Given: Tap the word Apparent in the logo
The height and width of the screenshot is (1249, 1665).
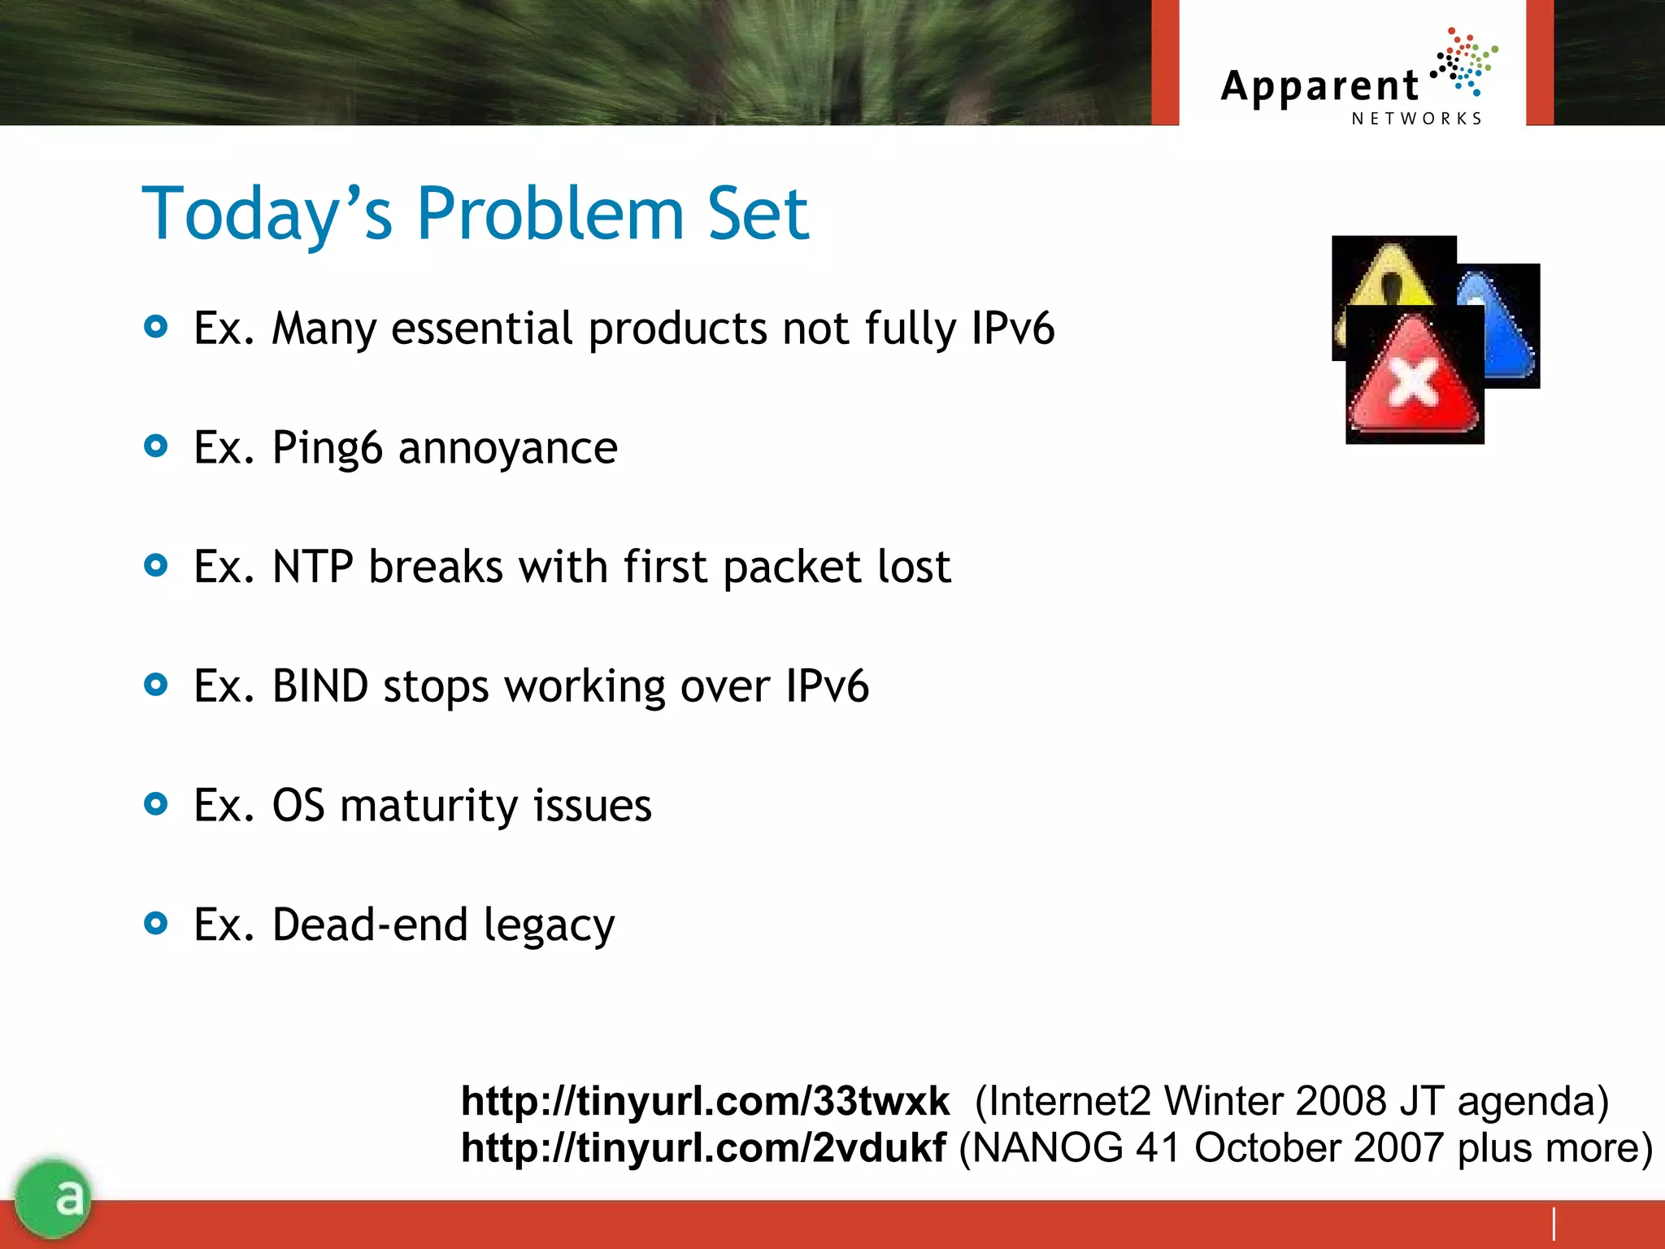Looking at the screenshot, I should coord(1319,86).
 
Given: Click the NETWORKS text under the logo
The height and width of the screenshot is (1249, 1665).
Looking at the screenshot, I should coord(1416,119).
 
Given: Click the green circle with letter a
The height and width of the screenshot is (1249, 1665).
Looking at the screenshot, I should coord(54,1197).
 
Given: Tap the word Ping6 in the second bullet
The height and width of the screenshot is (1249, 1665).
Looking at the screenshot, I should coord(326,448).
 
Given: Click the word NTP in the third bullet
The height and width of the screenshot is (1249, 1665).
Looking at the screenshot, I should coord(312,567).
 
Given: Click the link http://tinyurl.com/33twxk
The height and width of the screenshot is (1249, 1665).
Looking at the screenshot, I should coord(704,1101).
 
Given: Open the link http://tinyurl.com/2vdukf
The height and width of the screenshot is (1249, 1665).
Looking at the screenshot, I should coord(702,1148).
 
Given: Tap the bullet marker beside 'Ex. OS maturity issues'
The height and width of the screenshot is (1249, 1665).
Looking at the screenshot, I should coord(155,804).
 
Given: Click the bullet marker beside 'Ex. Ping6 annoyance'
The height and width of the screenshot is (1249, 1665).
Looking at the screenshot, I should coord(155,446).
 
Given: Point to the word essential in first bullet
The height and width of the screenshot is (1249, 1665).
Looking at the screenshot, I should coord(481,329).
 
